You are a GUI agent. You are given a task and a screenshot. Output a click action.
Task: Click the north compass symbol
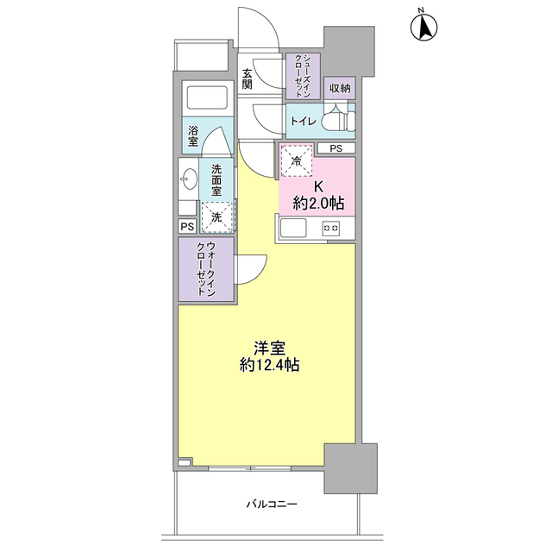[x=423, y=26]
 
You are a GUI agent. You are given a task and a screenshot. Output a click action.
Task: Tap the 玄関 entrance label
[x=248, y=78]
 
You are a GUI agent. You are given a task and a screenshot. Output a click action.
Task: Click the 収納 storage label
[x=339, y=88]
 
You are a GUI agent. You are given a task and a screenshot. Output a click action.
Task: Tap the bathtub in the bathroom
[x=205, y=97]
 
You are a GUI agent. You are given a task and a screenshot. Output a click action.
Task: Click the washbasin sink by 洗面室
[x=189, y=180]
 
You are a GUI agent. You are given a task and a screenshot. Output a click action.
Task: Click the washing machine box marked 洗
[x=216, y=217]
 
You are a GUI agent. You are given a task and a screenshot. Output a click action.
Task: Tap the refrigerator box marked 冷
[x=297, y=161]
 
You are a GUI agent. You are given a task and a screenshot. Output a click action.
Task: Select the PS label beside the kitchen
[x=336, y=148]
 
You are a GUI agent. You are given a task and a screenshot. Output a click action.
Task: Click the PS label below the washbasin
[x=187, y=226]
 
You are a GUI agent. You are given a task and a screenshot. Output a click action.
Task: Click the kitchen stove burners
[x=330, y=229]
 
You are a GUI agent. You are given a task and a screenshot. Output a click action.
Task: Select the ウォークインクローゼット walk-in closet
[x=206, y=270]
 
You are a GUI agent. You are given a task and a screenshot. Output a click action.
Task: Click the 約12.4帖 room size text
[x=270, y=365]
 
